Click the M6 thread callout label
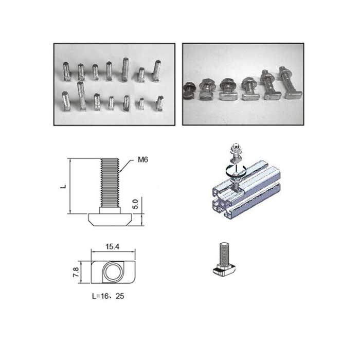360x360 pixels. click(143, 159)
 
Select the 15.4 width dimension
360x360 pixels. click(113, 246)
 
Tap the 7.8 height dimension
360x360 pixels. click(76, 272)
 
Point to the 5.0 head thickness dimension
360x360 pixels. click(136, 204)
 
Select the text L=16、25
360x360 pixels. click(108, 296)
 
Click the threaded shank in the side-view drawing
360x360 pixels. click(110, 183)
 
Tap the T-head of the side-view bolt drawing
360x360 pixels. click(110, 220)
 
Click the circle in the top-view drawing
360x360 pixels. click(113, 272)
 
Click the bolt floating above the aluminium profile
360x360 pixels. click(235, 153)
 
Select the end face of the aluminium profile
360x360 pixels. click(222, 202)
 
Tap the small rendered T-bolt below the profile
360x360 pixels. click(224, 260)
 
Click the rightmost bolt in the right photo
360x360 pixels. click(291, 83)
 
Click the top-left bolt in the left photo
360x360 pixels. click(67, 71)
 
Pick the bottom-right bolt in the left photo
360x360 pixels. click(160, 103)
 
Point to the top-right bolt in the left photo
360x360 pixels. click(157, 70)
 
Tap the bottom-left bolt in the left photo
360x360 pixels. click(66, 101)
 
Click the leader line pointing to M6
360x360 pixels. click(126, 166)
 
